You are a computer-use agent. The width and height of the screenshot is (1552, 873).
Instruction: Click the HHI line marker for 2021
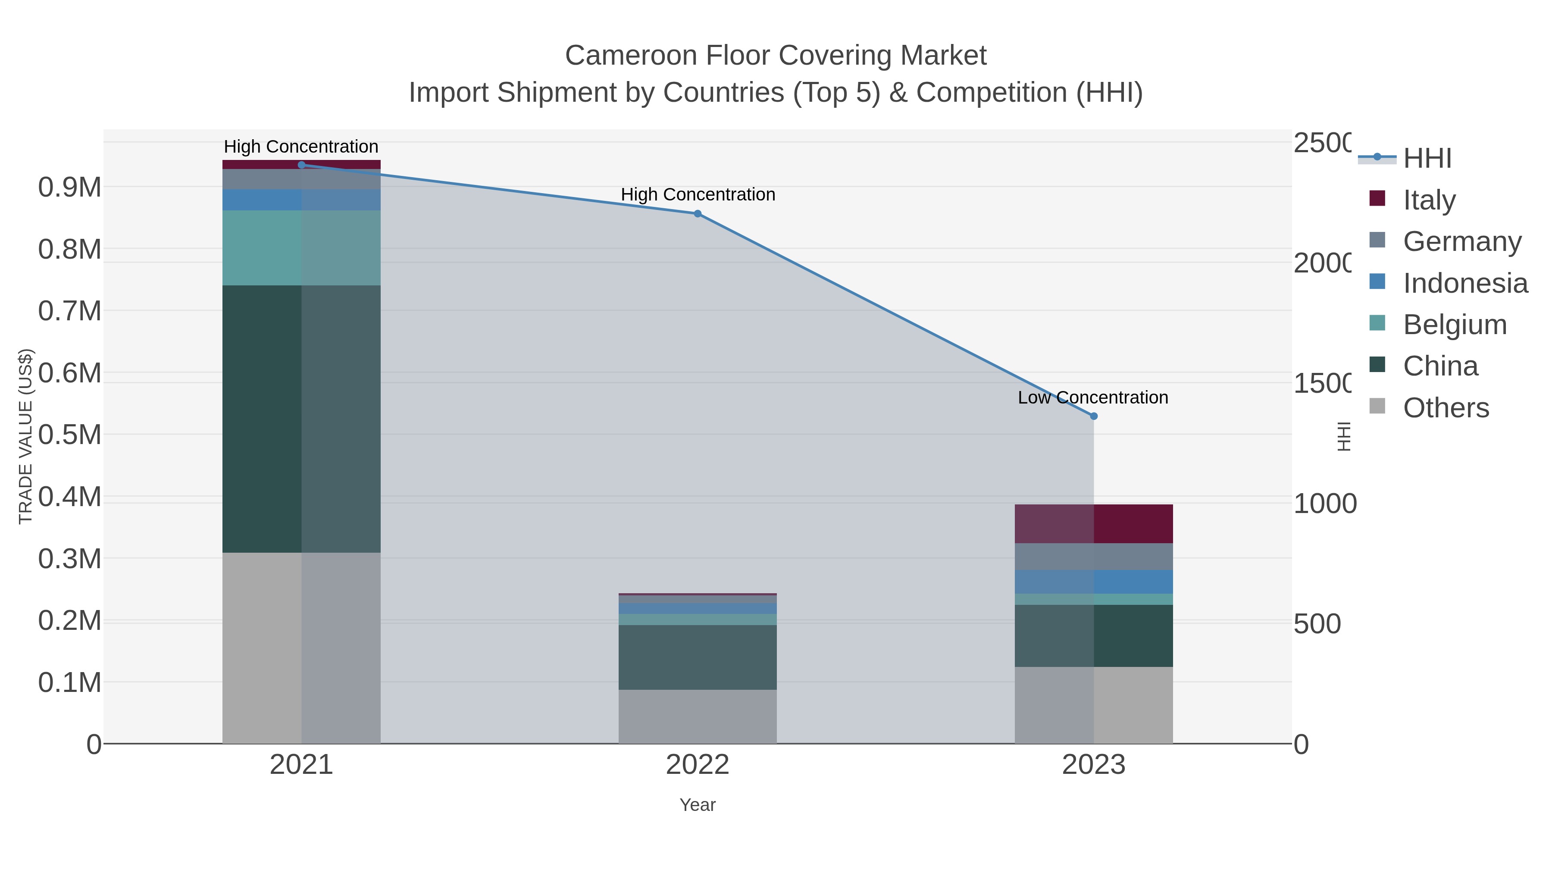pos(301,165)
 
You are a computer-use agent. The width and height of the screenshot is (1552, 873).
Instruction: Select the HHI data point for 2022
pos(697,213)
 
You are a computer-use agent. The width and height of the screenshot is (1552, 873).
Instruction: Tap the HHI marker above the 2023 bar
pos(1093,416)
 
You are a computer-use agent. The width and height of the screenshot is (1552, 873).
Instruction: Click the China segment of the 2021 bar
pos(301,419)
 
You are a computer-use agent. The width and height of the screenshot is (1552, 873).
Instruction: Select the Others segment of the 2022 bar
pos(697,717)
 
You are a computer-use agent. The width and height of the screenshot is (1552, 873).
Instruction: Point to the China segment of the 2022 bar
pos(697,657)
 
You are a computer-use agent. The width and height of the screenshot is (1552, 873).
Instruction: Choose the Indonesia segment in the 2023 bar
pos(1093,582)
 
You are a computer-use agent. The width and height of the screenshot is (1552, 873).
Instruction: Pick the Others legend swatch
pos(1377,407)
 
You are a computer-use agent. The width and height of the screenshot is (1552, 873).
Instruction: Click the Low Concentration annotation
pos(1092,397)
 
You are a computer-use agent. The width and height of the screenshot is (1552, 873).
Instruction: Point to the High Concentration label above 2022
pos(698,194)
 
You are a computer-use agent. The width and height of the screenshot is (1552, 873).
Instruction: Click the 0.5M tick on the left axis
pos(69,435)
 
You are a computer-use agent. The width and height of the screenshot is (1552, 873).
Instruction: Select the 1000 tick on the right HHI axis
pos(1324,504)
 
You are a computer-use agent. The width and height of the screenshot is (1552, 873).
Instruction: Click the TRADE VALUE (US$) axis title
pos(25,436)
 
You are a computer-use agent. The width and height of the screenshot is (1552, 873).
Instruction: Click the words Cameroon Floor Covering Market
pos(776,56)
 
